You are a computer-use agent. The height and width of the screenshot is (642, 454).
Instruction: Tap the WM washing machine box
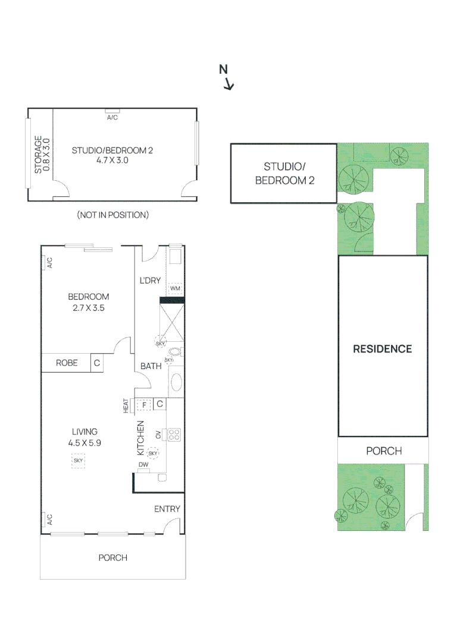click(x=175, y=288)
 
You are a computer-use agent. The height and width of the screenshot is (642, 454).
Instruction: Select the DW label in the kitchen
click(x=143, y=465)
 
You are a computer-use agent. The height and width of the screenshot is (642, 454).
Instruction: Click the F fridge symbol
click(x=143, y=405)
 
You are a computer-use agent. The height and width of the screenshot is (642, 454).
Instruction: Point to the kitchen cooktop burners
click(x=174, y=435)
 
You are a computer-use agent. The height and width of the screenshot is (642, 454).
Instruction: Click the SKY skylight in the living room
click(x=78, y=460)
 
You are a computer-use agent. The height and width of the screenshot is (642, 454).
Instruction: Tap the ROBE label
click(x=67, y=363)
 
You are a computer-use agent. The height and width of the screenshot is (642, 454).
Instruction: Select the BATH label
click(x=151, y=366)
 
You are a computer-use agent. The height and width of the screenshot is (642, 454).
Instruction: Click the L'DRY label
click(x=149, y=280)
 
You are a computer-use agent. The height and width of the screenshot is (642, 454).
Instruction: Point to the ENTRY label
click(x=167, y=509)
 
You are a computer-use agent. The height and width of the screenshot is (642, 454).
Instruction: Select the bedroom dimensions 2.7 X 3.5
click(x=89, y=308)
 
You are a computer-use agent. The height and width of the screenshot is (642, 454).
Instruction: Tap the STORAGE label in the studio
click(x=38, y=155)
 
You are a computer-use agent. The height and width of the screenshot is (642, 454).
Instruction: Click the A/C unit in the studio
click(x=112, y=111)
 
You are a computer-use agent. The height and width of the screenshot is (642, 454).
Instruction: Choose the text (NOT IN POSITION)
click(x=112, y=215)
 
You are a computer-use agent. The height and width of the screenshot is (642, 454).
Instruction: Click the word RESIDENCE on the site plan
click(x=382, y=349)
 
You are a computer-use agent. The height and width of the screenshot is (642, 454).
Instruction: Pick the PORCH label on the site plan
click(x=383, y=451)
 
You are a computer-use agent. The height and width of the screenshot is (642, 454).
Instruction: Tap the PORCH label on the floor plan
click(x=112, y=558)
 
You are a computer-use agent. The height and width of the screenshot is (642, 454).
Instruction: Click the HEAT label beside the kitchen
click(x=126, y=405)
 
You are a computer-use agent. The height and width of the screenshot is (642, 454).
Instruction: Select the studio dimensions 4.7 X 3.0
click(x=112, y=160)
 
